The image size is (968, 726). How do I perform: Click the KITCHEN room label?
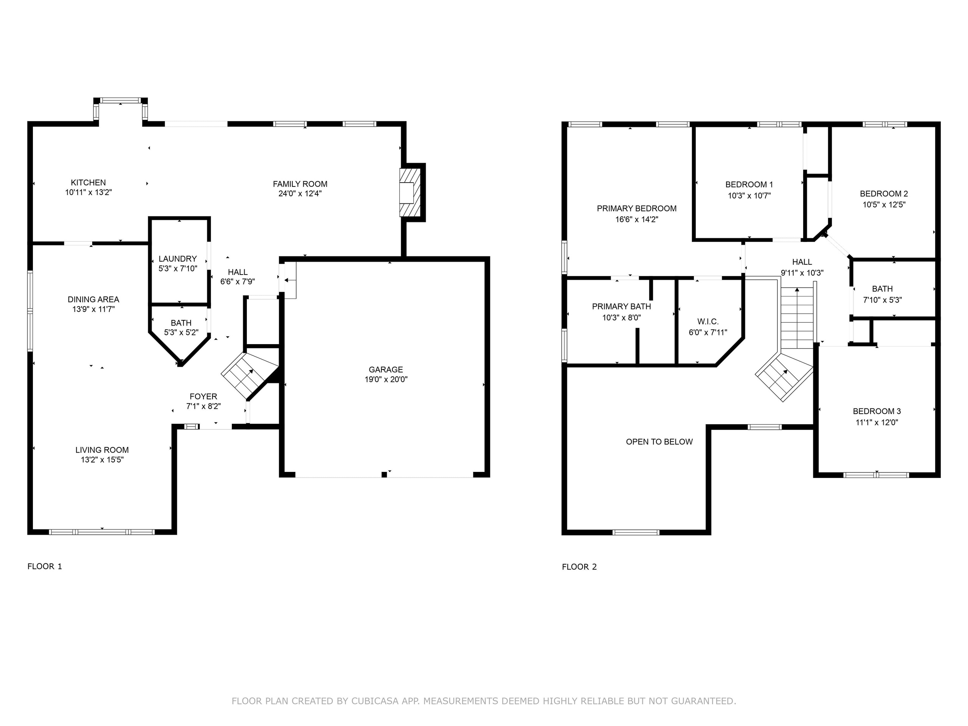88,183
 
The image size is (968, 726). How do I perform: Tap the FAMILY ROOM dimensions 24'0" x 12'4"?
300,194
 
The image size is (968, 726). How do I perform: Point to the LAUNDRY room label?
177,259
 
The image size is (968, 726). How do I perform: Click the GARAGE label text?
386,369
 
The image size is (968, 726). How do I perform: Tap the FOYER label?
203,397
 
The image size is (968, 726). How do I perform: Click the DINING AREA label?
93,299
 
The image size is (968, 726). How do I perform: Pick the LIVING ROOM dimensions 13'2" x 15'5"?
102,459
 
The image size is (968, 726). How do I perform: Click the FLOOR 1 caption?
45,566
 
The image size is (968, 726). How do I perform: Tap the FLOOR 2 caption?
579,567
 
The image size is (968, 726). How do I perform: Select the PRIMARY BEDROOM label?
636,208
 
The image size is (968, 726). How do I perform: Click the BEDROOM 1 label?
749,185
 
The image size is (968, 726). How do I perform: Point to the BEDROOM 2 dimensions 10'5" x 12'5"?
884,204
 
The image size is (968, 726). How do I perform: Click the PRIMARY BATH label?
621,306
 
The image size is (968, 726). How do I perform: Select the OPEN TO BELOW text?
659,442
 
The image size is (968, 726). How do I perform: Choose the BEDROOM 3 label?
876,411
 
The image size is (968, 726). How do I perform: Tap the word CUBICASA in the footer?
375,701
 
